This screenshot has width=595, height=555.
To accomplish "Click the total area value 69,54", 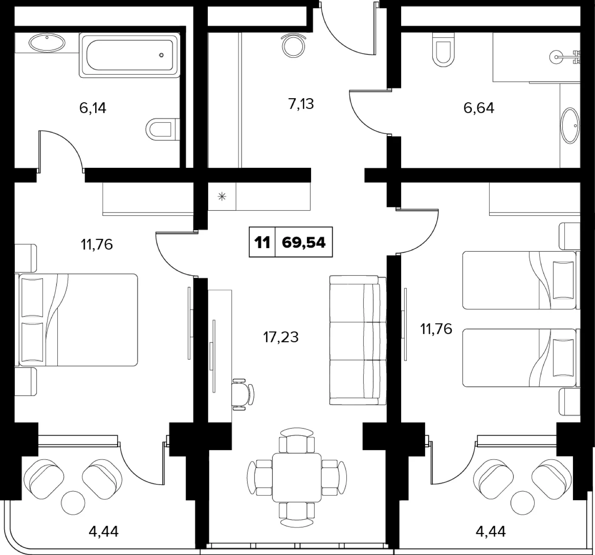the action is coord(303,242).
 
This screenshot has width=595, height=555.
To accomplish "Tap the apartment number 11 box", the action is coord(262,242).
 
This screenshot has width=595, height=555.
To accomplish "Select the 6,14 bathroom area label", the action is coord(93,108).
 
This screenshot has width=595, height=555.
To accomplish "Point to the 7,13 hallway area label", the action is coord(301,104).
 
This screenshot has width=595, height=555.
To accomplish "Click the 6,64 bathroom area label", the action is coord(479,108).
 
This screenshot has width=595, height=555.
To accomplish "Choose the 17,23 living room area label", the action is coord(281,337).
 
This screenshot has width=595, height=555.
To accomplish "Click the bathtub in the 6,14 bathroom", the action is coord(130,55).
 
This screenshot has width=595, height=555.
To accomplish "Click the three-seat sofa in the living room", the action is coord(358,340).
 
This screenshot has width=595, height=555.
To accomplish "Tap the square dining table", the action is coord(297,477).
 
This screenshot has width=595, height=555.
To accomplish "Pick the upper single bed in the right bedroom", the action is coord(521,280).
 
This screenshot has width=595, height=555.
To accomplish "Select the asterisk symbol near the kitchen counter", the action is coord(222,197).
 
